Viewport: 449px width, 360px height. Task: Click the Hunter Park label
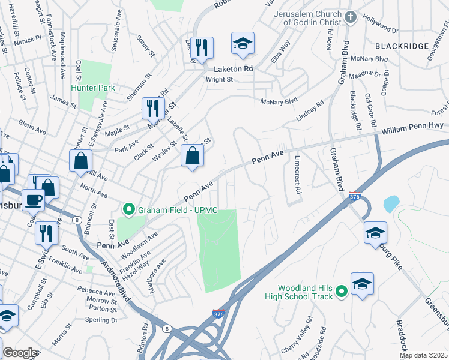(x=92, y=88)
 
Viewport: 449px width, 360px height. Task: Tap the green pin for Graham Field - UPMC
(x=128, y=210)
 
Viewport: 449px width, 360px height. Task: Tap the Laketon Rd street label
(x=232, y=69)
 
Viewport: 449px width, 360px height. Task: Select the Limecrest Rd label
(x=297, y=175)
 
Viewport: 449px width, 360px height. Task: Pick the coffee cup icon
(x=33, y=199)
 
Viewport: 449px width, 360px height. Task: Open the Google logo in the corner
(x=20, y=353)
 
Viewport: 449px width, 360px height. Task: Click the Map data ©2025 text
(x=423, y=355)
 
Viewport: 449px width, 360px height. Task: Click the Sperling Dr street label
(x=102, y=320)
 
